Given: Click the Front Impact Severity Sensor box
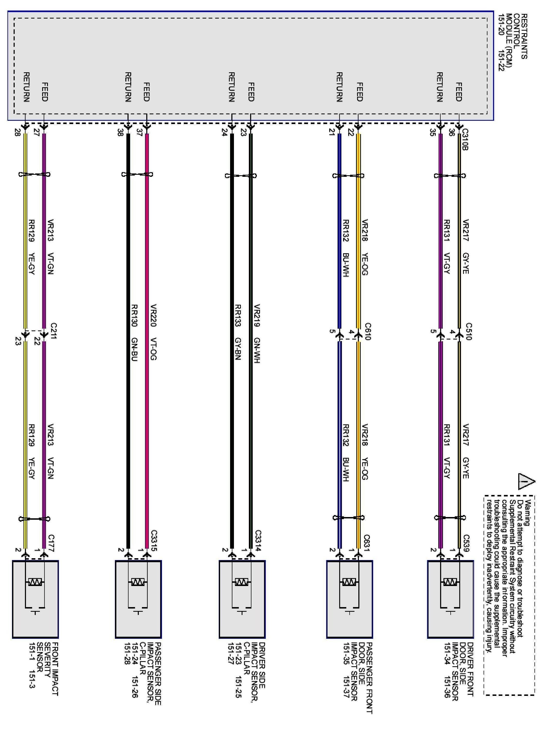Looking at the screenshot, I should click(x=35, y=599).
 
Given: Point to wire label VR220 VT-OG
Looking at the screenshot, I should click(x=153, y=332).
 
